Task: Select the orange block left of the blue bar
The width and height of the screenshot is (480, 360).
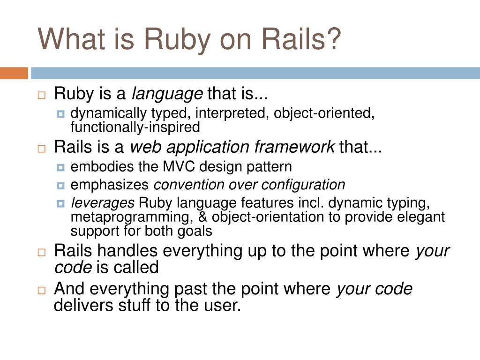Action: pos(14,73)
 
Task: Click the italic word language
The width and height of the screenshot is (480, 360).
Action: pos(167,95)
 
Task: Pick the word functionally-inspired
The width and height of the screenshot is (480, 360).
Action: pos(135,127)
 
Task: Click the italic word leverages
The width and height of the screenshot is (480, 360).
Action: pos(102,203)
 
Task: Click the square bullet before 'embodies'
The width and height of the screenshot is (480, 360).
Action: pos(60,167)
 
